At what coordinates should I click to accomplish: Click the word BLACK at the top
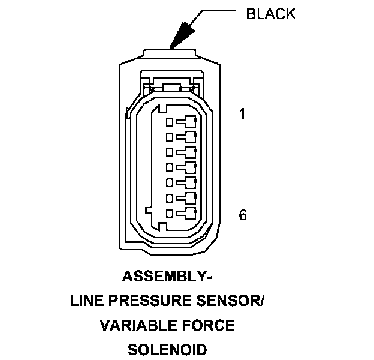pos(271,14)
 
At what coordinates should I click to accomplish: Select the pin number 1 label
pos(242,113)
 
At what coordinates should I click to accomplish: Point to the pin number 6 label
pos(243,215)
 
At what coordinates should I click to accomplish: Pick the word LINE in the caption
pos(87,301)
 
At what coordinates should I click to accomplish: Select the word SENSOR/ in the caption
pos(231,301)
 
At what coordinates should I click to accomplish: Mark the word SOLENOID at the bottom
pos(167,349)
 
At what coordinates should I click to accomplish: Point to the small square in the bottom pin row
pos(170,213)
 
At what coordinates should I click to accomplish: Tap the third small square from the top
pos(170,151)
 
